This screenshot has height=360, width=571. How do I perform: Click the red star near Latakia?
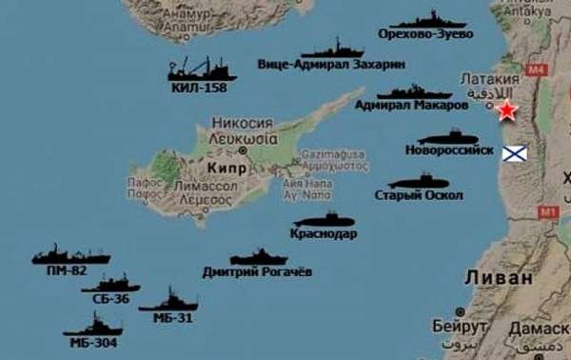tap(507, 110)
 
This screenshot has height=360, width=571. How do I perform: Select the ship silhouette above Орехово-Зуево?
tap(428, 19)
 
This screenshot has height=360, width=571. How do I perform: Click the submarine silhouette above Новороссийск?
tap(448, 137)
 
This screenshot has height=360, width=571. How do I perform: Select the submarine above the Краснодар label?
tap(325, 220)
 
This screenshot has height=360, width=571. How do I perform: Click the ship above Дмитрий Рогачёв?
tap(258, 257)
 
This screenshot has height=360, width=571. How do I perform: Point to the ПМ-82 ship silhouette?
tap(69, 255)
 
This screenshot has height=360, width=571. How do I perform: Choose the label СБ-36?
tap(111, 299)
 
